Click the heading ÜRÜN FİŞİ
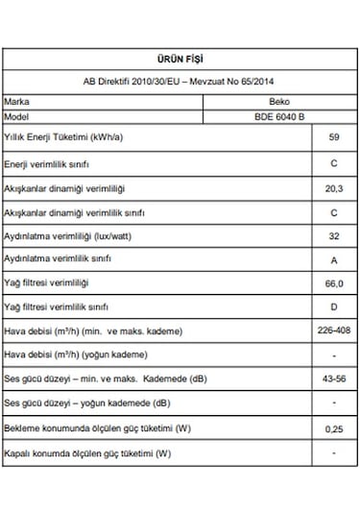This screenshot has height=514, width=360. pos(179,59)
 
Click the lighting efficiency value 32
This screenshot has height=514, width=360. pos(333,235)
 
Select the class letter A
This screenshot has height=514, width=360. pos(333,259)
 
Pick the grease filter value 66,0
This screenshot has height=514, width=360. pos(333,283)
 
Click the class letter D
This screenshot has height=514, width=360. pos(333,306)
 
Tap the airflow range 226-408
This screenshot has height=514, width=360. pos(333,331)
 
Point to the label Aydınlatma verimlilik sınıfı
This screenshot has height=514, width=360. pos(59,259)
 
